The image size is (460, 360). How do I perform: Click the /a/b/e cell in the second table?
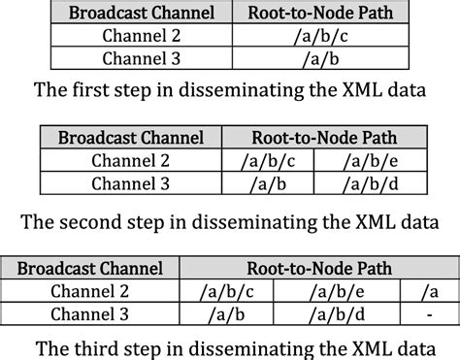point(362,160)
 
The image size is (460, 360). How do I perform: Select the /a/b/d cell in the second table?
point(362,181)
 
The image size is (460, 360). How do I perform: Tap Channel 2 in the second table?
point(131,160)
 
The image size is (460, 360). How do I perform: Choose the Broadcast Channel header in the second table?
point(131,138)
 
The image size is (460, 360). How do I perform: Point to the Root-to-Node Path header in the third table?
point(319,267)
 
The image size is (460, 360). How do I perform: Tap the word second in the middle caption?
point(101,220)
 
